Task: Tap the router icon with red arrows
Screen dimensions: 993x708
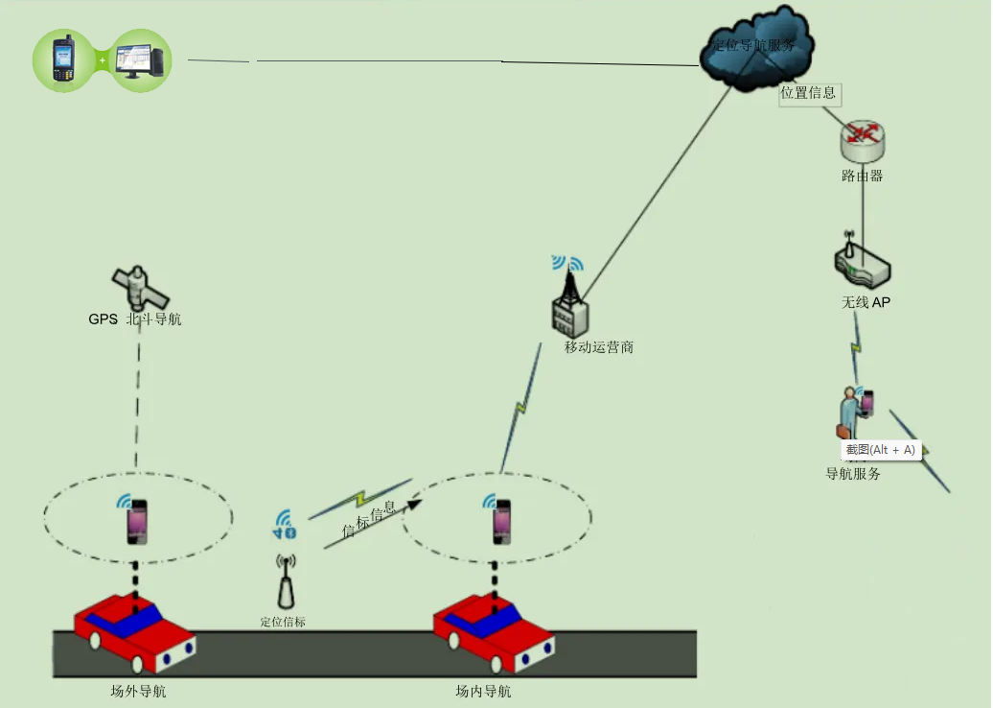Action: tap(862, 140)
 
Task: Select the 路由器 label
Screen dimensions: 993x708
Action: tap(862, 177)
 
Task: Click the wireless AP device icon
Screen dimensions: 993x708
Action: tap(861, 265)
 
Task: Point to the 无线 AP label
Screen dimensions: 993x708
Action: tap(866, 302)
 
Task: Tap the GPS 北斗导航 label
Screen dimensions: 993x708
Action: tap(135, 319)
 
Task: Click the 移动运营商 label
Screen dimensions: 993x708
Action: tap(599, 347)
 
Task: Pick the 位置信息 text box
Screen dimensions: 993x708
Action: tap(809, 93)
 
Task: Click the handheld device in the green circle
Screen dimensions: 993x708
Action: tap(65, 59)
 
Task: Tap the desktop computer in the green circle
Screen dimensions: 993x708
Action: tap(140, 59)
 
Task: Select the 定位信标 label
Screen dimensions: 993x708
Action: tap(283, 622)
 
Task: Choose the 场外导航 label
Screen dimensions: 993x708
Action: tap(139, 691)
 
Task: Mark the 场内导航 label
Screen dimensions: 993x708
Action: tap(483, 691)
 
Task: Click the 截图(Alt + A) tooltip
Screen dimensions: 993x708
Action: tap(880, 450)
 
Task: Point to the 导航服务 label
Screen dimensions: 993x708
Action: tap(853, 473)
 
